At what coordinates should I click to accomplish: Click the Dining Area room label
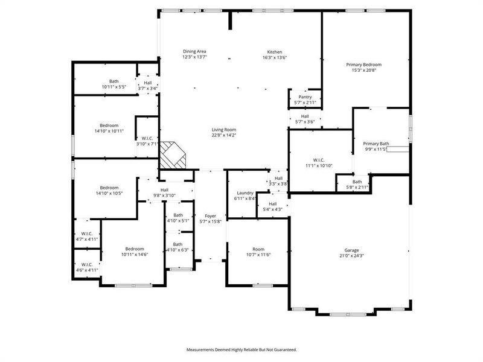coord(194,52)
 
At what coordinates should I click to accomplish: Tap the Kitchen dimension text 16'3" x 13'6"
coord(275,58)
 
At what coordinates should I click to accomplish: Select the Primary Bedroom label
coord(363,65)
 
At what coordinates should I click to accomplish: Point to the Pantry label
coord(304,97)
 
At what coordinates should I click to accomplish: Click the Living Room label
coord(223,130)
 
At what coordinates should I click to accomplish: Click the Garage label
coord(352,250)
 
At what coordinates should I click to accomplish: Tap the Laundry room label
coord(244,192)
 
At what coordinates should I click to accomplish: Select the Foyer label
coord(210,215)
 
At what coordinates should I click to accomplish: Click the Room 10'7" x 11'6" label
coord(258,249)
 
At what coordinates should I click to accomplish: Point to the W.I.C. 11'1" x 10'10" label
coord(319,160)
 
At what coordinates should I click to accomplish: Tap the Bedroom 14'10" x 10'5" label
coord(109,188)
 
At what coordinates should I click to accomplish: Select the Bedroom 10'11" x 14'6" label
coord(134,249)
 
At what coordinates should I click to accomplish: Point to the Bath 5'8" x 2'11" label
coord(357,182)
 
